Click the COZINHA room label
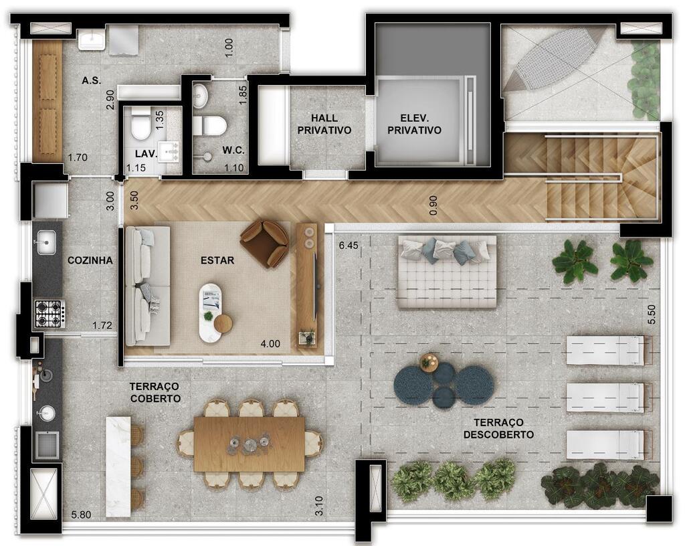coord(90,260)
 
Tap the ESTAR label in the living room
coord(217,260)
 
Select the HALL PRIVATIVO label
coord(324,124)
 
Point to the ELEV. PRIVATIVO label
coord(414,124)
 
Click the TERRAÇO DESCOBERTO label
coord(498,428)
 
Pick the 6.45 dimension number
coord(349,246)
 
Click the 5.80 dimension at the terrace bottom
coord(81,515)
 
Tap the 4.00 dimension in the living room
coord(270,344)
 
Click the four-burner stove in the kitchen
coord(50,314)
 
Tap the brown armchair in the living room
coord(264,243)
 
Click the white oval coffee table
coord(211,312)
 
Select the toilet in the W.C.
coord(209,126)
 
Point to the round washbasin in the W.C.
coord(201,95)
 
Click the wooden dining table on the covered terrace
coord(249,444)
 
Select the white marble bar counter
coord(118,466)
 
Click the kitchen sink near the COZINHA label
coord(46,243)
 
